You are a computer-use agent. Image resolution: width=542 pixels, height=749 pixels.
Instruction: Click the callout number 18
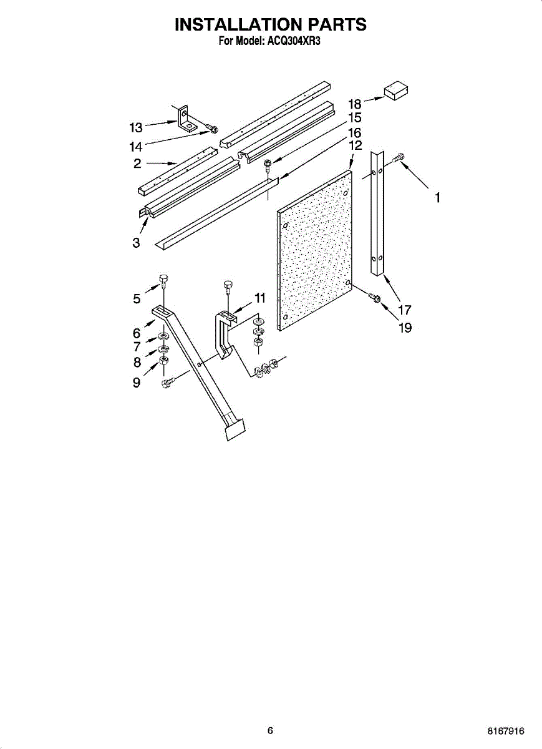click(355, 104)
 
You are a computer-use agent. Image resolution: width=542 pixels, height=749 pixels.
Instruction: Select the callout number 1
click(438, 197)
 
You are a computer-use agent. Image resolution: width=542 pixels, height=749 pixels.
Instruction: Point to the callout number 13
click(136, 127)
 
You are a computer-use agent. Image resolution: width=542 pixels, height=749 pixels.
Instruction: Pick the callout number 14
click(136, 147)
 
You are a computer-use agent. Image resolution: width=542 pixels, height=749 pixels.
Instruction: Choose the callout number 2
click(137, 164)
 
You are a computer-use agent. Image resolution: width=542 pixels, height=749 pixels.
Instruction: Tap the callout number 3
click(136, 243)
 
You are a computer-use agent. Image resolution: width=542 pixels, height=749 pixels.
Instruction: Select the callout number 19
click(405, 327)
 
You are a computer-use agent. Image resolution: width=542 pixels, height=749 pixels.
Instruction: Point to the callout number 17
click(405, 309)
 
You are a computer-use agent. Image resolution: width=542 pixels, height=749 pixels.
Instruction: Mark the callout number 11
click(260, 298)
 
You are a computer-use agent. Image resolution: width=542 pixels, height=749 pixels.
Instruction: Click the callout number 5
click(137, 299)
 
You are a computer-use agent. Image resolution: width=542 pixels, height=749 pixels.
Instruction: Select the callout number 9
click(136, 383)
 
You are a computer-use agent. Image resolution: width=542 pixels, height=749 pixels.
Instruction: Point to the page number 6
click(270, 731)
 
